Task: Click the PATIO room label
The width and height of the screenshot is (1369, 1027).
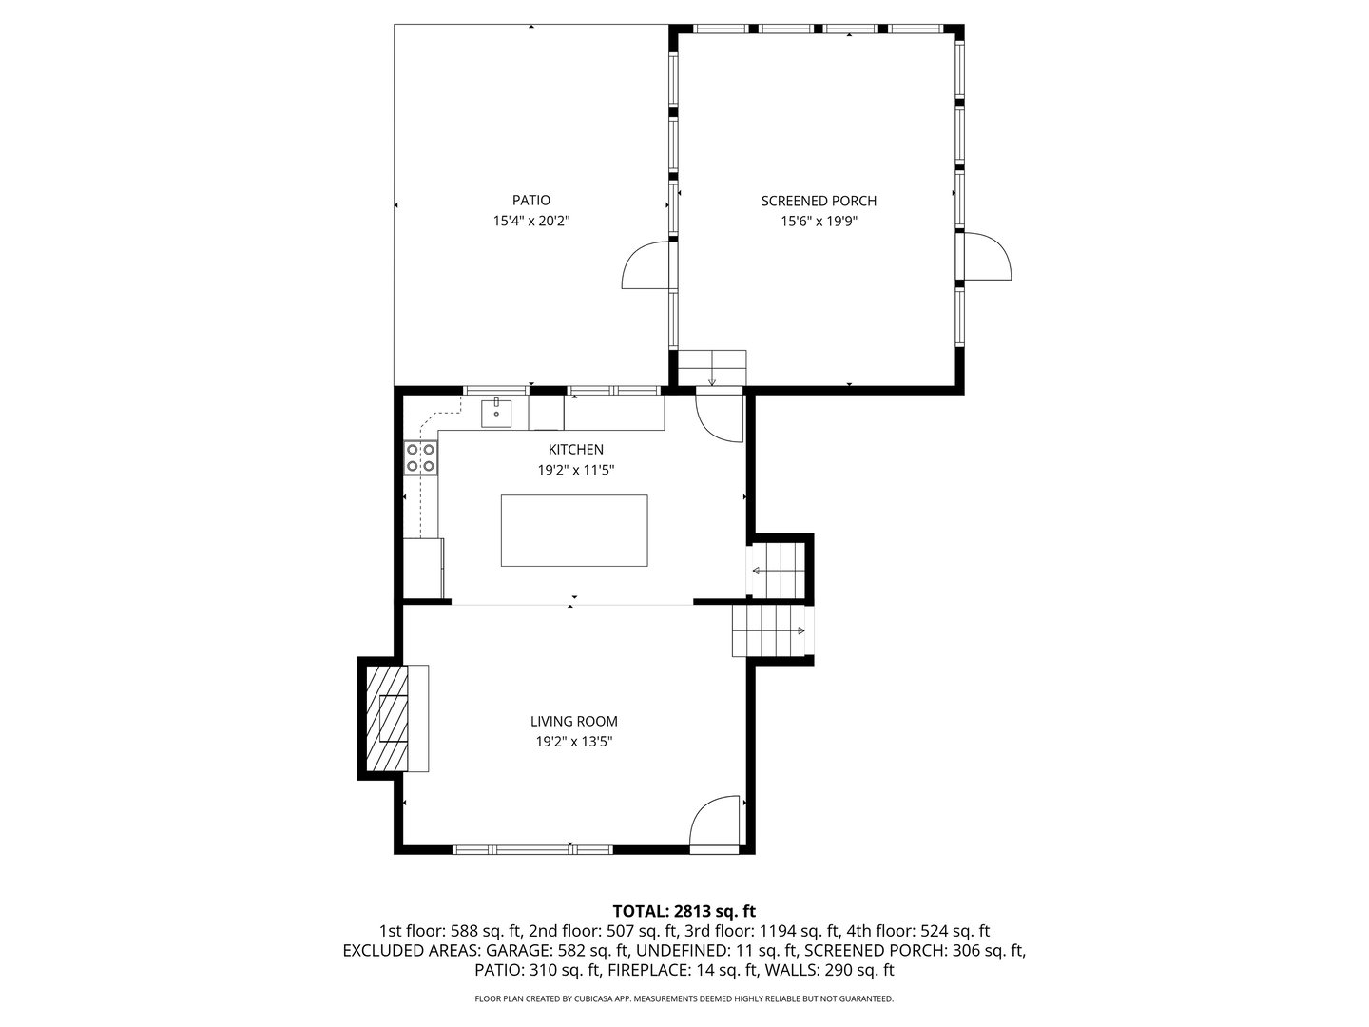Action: [x=530, y=201]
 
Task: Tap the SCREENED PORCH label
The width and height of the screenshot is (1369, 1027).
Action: [x=819, y=201]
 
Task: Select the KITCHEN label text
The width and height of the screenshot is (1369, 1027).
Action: [x=575, y=450]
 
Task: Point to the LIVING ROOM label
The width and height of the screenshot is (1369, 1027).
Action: [x=573, y=722]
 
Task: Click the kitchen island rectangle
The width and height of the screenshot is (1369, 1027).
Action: [x=574, y=531]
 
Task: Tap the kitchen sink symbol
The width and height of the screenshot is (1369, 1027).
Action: [x=496, y=414]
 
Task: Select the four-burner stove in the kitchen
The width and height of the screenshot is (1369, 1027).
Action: [x=421, y=457]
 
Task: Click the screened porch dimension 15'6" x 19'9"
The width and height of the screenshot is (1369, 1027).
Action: [x=819, y=222]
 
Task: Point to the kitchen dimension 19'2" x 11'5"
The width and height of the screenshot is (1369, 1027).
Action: [x=575, y=470]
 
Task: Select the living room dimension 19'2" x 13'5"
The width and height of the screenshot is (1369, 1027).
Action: [x=573, y=742]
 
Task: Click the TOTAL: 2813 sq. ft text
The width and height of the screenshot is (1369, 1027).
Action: [x=684, y=911]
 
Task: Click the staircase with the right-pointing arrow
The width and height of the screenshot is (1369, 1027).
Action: [x=768, y=631]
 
